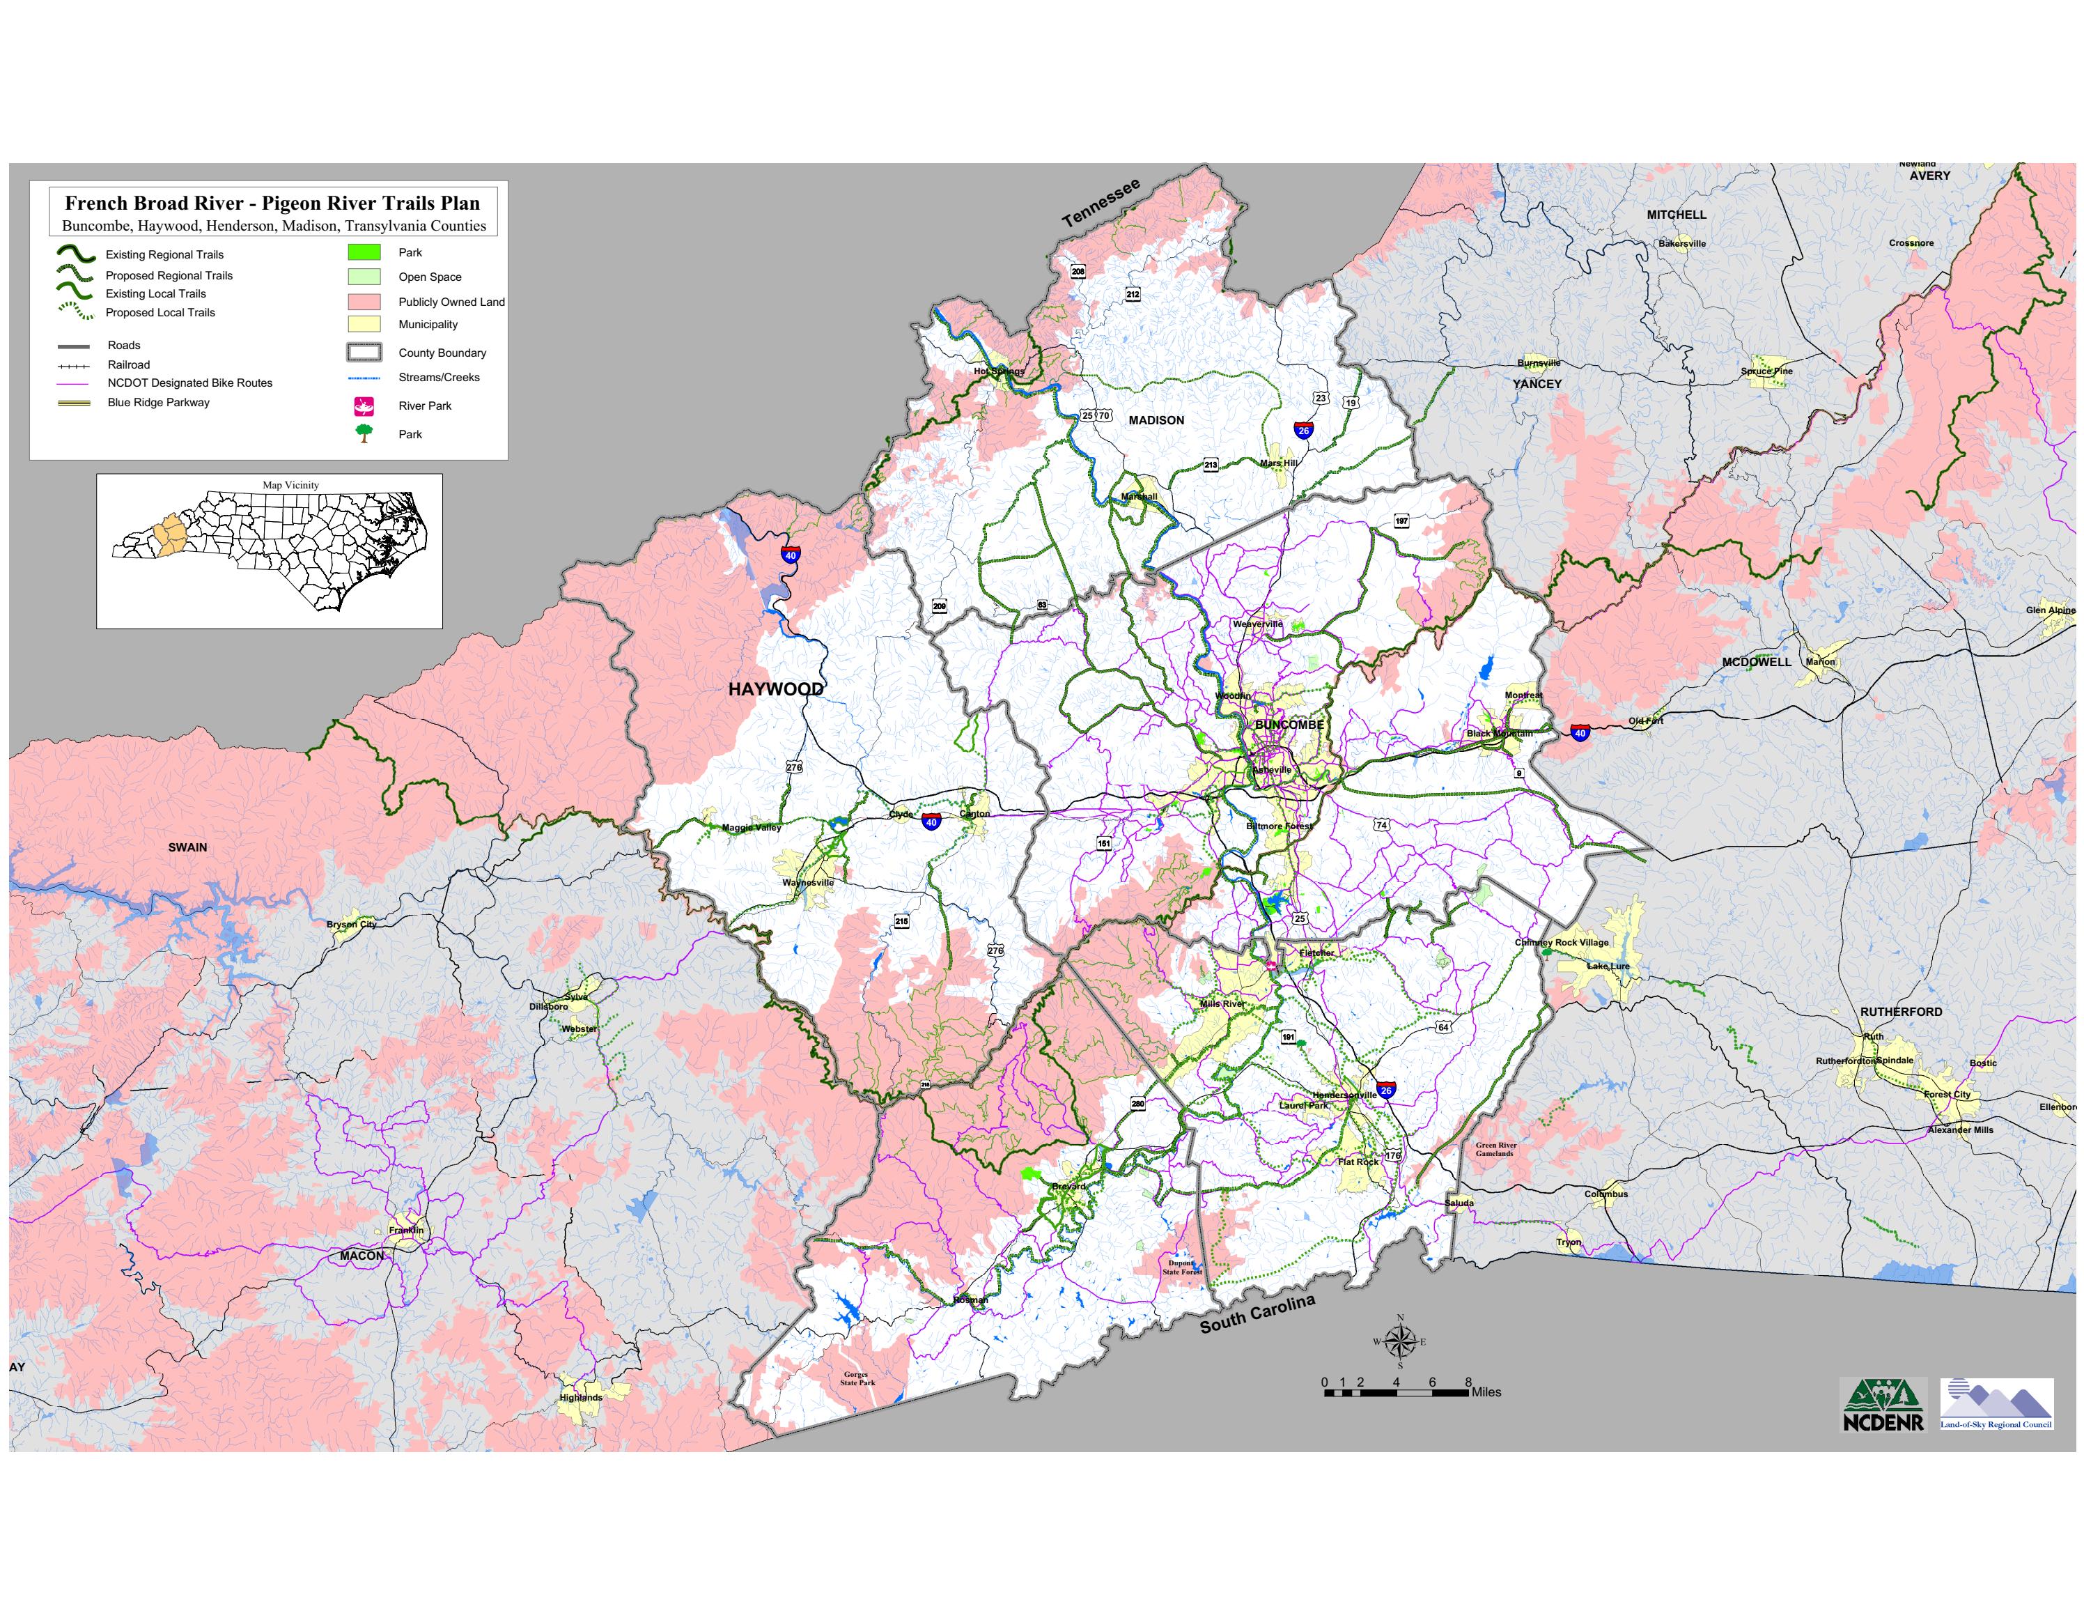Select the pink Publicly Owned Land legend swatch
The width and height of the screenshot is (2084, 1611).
pos(364,302)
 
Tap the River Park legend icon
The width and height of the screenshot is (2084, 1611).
pos(364,406)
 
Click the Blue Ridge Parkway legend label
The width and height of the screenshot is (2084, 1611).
pos(158,403)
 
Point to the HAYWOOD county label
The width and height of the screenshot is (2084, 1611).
pos(775,689)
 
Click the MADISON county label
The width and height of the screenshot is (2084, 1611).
pos(1156,421)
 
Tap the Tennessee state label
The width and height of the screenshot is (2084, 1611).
pos(1101,202)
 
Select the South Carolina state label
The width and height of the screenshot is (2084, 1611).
pos(1257,1314)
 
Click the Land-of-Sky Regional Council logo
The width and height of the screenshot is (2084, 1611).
pos(1996,1404)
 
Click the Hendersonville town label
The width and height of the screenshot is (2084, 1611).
pos(1344,1095)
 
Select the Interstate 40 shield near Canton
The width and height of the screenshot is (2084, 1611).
pos(931,822)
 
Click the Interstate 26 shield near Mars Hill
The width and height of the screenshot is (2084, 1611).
pos(1302,431)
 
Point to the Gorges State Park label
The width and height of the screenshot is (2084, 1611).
pos(857,1378)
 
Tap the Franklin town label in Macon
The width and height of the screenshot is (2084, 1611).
pos(405,1231)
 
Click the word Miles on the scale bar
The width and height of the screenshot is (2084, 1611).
pos(1486,1392)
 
